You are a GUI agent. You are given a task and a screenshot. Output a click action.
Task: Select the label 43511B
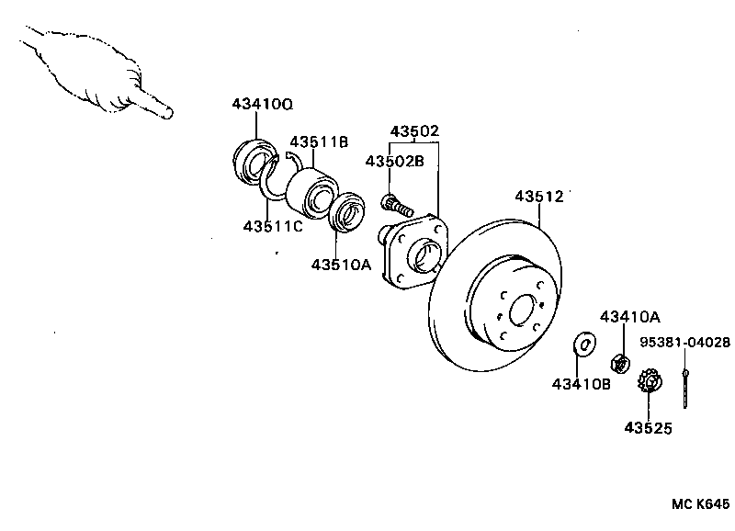(319, 141)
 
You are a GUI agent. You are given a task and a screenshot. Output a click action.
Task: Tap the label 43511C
(273, 226)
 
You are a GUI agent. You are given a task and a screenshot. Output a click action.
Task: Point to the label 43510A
(340, 265)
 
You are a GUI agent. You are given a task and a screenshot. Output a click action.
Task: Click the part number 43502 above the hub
(414, 131)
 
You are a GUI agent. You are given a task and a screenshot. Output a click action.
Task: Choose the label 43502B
(394, 161)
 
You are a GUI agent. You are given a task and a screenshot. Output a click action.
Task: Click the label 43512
(538, 196)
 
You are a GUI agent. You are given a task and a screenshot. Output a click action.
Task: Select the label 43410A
(629, 317)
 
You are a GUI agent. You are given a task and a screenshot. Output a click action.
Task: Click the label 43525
(648, 427)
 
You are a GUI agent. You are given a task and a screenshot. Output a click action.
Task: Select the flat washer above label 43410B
(582, 344)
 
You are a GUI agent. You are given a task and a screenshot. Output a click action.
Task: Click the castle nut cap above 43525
(649, 379)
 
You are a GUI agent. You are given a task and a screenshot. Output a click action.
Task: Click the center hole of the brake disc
(522, 311)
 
